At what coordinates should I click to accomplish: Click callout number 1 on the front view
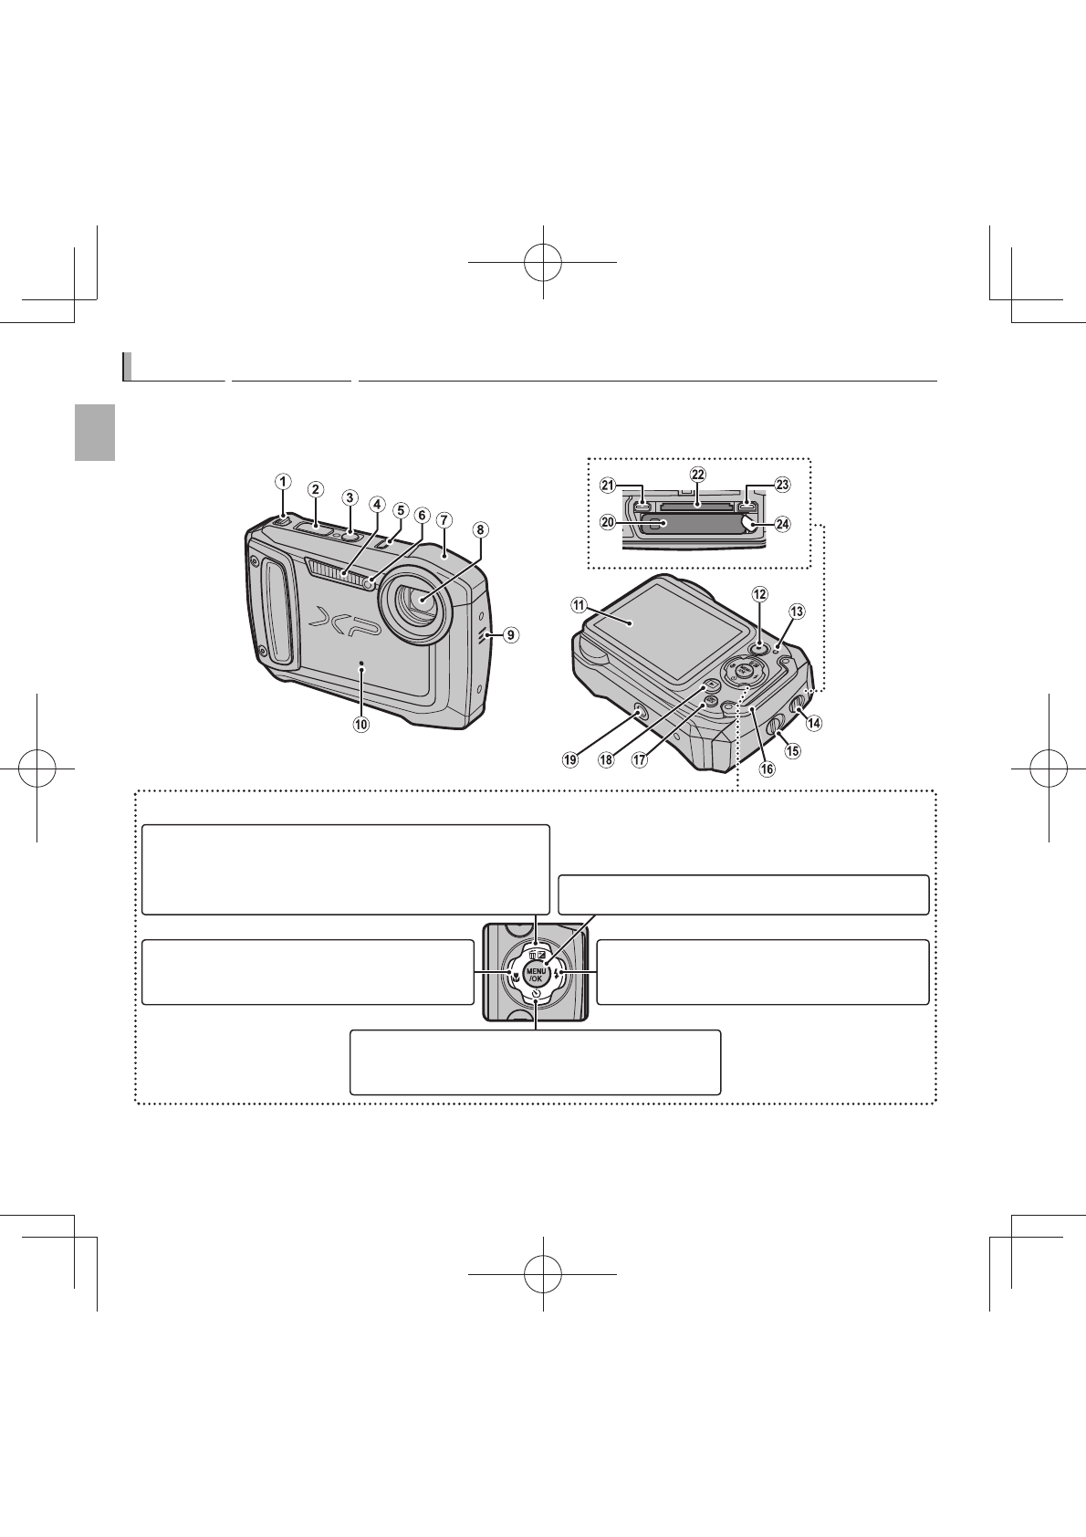tap(284, 480)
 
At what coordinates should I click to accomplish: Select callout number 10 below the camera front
tap(361, 725)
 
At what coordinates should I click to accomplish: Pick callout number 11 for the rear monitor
tap(579, 604)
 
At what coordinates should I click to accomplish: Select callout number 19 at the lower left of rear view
tap(571, 759)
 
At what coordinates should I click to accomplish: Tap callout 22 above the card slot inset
tap(697, 475)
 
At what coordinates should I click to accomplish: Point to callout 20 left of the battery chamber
tap(607, 523)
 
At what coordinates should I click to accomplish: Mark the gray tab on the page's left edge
tap(95, 433)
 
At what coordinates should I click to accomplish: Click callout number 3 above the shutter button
tap(349, 497)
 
